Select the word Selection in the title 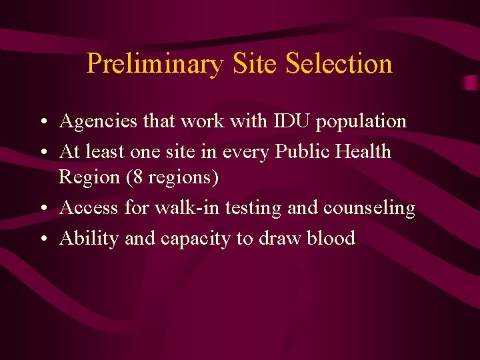click(339, 64)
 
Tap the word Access click(89, 208)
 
